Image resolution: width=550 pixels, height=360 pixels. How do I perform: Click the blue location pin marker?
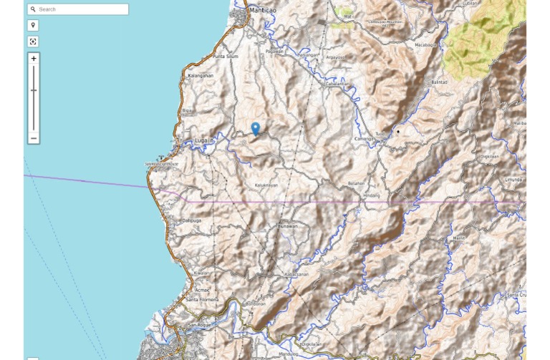256,127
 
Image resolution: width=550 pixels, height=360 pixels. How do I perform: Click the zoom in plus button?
34,59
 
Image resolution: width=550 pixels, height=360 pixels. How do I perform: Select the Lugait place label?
204,141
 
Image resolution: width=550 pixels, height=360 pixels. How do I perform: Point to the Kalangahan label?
201,75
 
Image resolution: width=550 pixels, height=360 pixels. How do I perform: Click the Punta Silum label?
225,57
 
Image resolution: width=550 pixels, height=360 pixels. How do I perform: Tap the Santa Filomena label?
202,299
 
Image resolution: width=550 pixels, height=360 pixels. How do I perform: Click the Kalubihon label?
266,185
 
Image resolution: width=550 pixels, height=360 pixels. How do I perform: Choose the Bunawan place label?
288,226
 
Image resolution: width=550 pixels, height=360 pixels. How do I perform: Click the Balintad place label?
439,82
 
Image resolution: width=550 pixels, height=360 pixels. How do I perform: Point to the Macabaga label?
425,44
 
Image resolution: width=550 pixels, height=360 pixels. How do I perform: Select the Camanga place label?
364,138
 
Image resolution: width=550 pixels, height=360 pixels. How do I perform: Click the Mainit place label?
459,238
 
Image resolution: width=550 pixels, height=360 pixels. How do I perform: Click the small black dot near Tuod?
398,132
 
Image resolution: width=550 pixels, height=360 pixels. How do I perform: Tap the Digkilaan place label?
490,156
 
